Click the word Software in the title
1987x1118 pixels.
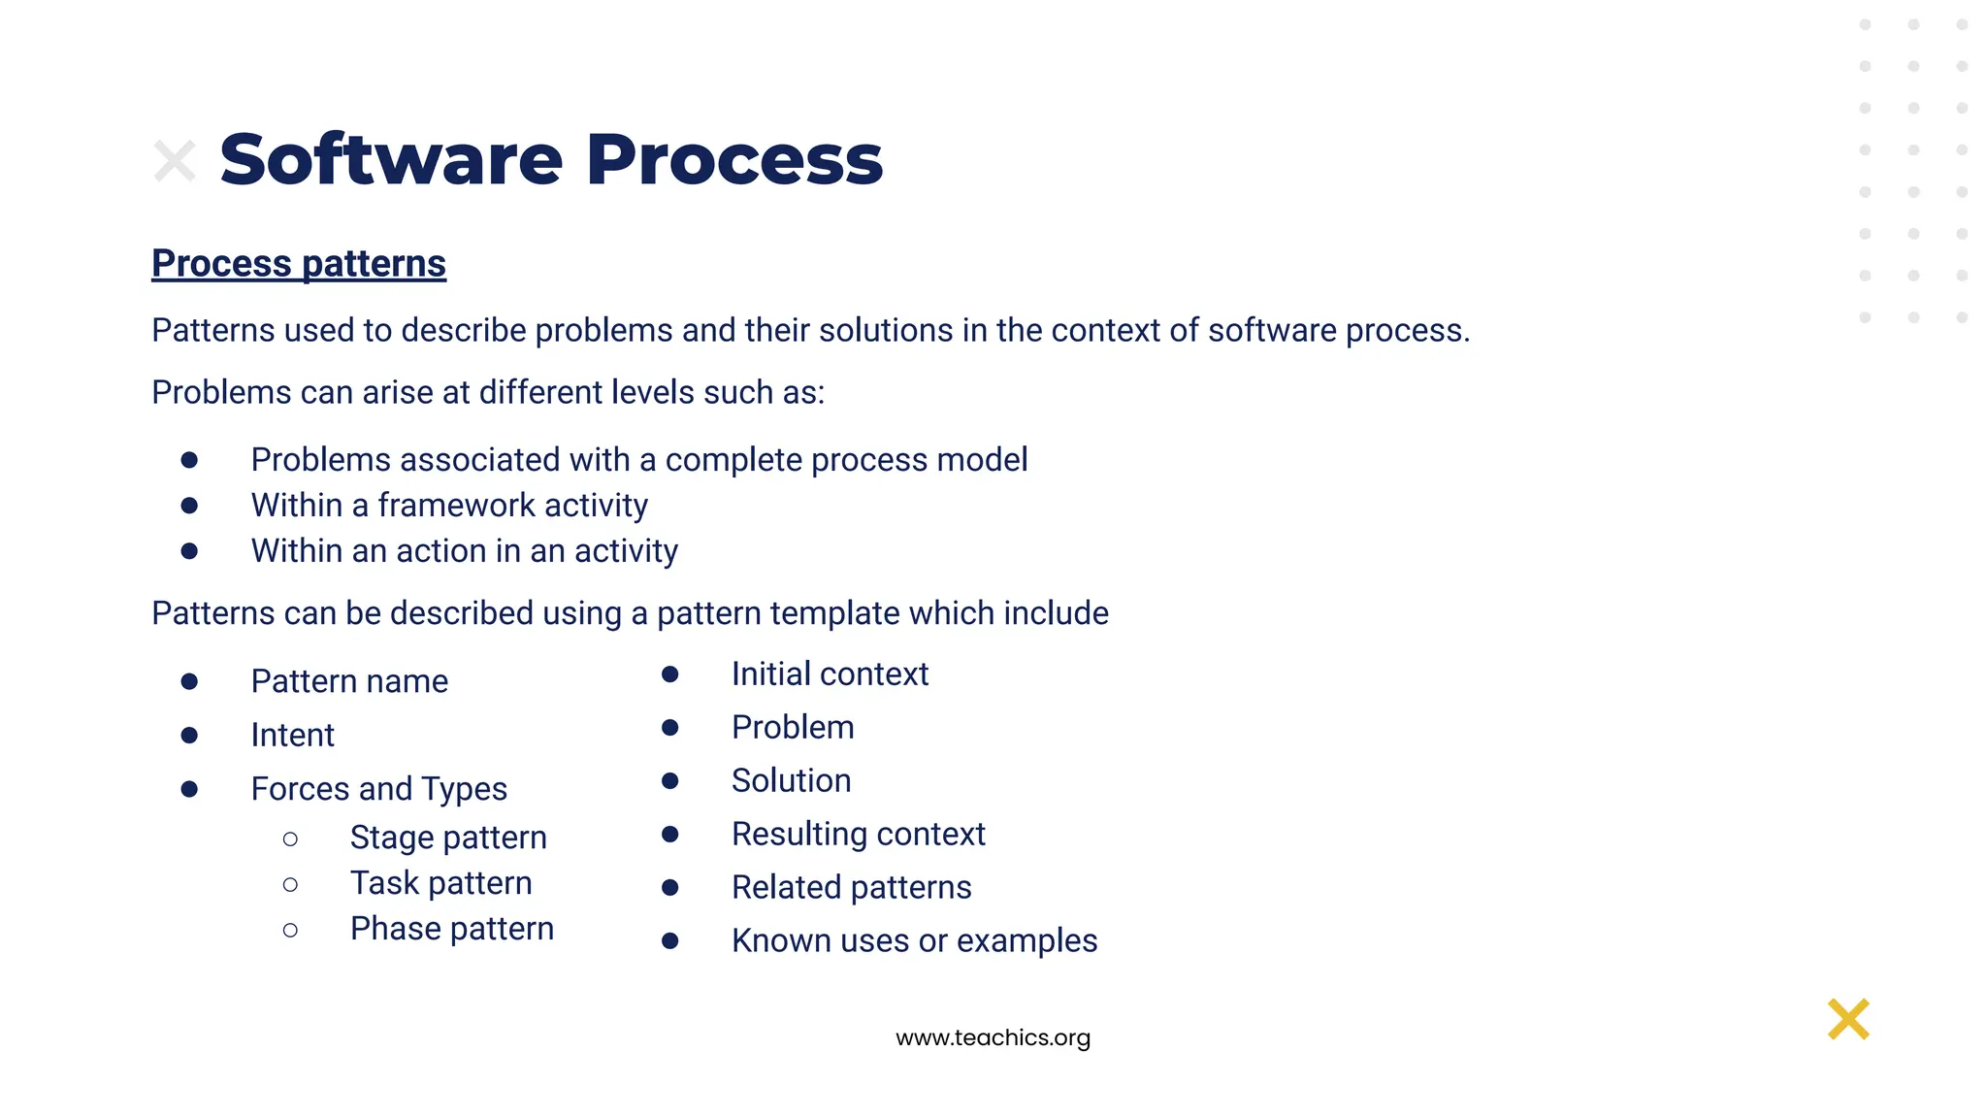tap(390, 160)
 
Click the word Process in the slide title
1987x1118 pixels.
tap(734, 160)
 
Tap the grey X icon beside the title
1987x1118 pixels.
tap(175, 161)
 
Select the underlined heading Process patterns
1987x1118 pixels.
tap(299, 264)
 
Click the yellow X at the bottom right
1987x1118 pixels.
tap(1847, 1019)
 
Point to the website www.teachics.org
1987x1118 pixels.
tap(993, 1037)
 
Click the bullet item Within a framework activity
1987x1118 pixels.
tap(449, 506)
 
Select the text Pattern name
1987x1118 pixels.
tap(349, 681)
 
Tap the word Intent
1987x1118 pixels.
tap(292, 735)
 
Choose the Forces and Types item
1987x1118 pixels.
tap(378, 788)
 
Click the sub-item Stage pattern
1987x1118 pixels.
tap(448, 838)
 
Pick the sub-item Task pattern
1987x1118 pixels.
tap(440, 883)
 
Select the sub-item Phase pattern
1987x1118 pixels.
tap(452, 929)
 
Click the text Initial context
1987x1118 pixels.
tap(830, 674)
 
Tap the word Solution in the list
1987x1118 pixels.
tap(791, 780)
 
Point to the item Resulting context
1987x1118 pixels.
tap(858, 834)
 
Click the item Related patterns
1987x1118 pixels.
tap(851, 887)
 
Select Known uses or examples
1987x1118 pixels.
tap(914, 940)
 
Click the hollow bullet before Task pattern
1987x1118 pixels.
tap(290, 884)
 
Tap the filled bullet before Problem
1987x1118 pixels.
tap(669, 728)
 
